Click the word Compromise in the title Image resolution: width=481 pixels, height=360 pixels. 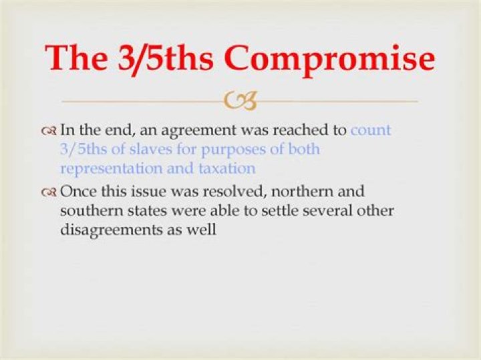(x=329, y=58)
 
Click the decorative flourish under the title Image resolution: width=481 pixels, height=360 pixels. (x=240, y=101)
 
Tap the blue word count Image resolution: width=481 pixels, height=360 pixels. (x=371, y=130)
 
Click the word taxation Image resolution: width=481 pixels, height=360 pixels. (x=226, y=168)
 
